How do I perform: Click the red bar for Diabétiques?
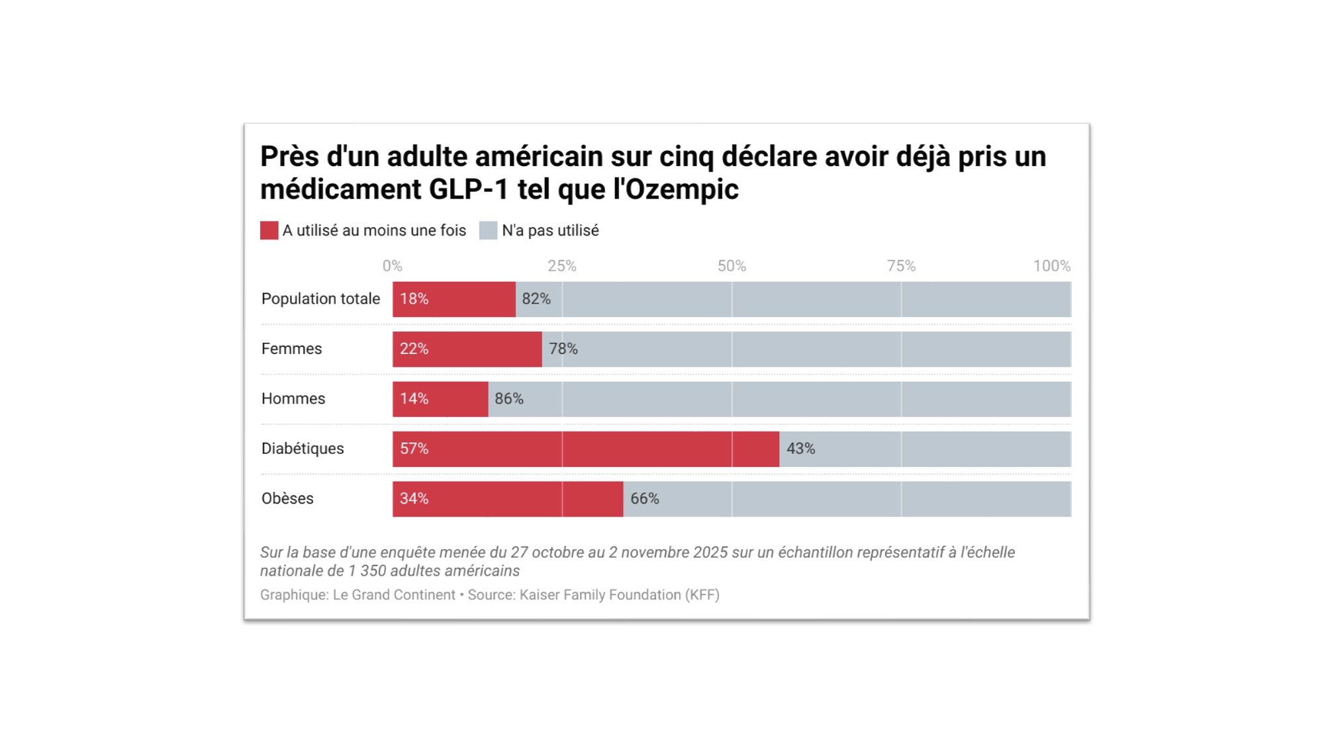[585, 449]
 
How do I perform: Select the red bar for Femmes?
[467, 349]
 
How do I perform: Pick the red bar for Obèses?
[507, 499]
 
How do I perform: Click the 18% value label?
[414, 299]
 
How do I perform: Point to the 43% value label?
[800, 449]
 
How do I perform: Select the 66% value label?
[644, 499]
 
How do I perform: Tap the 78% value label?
[563, 349]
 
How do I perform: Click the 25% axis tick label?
[561, 266]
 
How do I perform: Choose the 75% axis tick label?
[901, 266]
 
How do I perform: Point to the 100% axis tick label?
[1051, 266]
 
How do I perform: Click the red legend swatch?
[269, 230]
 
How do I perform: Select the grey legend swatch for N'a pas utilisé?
[488, 230]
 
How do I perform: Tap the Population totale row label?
[320, 299]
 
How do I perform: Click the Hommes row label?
[293, 399]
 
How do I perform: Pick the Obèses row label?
[287, 499]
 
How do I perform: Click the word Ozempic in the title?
[681, 190]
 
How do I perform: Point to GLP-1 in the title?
[468, 190]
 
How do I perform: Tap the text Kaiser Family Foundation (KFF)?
[619, 595]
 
